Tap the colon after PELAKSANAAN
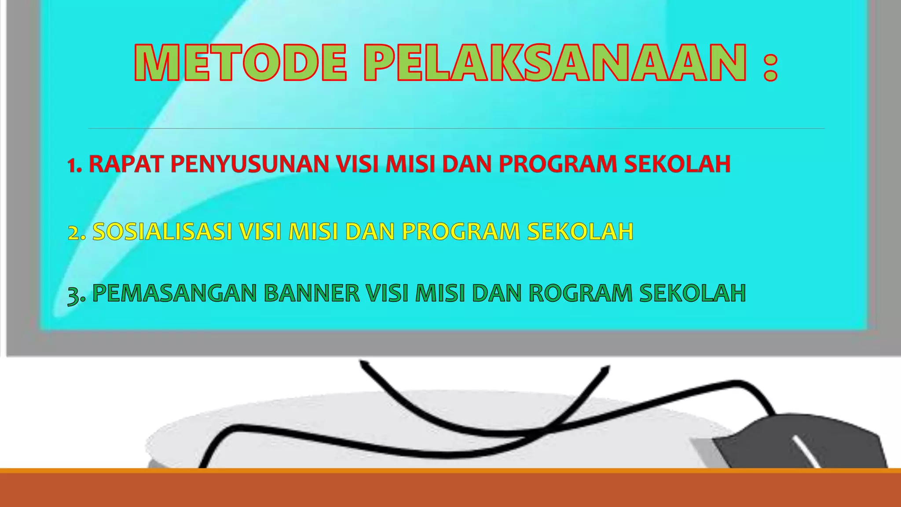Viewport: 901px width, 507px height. coord(770,66)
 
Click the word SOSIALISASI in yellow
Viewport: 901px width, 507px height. coord(162,231)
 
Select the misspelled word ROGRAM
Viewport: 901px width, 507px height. coord(580,294)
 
